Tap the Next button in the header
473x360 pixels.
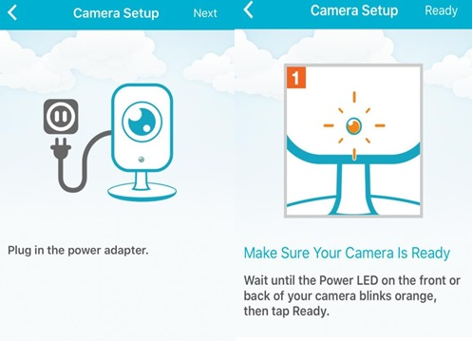pyautogui.click(x=205, y=13)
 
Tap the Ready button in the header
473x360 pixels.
pyautogui.click(x=441, y=11)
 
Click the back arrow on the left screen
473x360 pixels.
pyautogui.click(x=12, y=13)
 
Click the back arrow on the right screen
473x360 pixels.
pyautogui.click(x=249, y=9)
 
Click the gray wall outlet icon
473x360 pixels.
pyautogui.click(x=61, y=116)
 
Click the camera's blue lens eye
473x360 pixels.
pyautogui.click(x=142, y=122)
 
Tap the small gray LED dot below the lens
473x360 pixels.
pyautogui.click(x=142, y=160)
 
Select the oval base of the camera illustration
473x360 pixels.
pyautogui.click(x=142, y=192)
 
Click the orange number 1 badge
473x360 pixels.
pyautogui.click(x=295, y=77)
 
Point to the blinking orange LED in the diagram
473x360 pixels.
pyautogui.click(x=353, y=125)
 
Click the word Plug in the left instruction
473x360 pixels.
pyautogui.click(x=19, y=251)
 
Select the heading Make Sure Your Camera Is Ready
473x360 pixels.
pyautogui.click(x=347, y=253)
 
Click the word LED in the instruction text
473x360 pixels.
pyautogui.click(x=368, y=280)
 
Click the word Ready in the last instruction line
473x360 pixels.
pyautogui.click(x=311, y=312)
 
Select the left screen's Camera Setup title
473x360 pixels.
pyautogui.click(x=116, y=13)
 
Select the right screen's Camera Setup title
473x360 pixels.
pyautogui.click(x=354, y=10)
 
